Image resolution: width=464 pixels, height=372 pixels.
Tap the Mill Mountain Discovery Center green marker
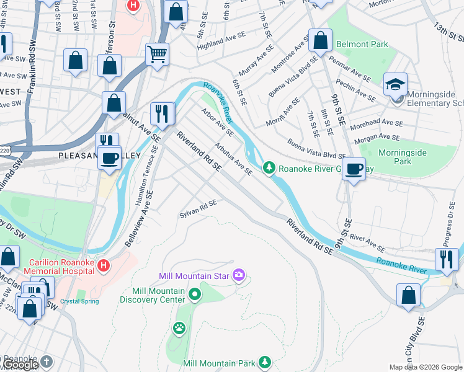[196, 294]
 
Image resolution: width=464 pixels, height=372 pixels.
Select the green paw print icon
[179, 327]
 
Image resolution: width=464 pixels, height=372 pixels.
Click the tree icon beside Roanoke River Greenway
[269, 167]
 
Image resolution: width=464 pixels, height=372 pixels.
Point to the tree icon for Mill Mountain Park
[265, 361]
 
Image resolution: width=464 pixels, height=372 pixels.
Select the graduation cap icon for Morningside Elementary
[395, 83]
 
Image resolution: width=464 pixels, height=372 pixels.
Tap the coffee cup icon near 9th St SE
[354, 169]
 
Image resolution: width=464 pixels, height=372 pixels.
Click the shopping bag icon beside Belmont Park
[320, 41]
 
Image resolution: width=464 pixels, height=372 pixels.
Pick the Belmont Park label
[362, 45]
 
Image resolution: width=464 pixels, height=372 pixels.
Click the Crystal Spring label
[79, 301]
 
